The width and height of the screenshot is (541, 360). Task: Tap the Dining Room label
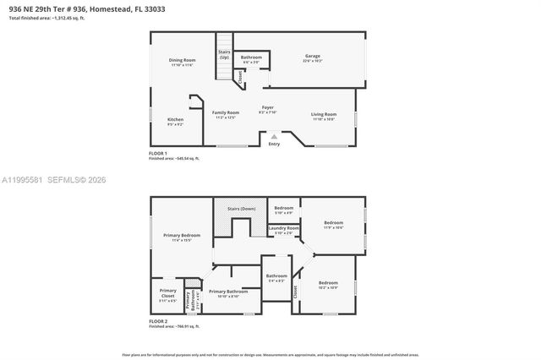click(183, 62)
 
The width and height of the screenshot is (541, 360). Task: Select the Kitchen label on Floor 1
click(175, 122)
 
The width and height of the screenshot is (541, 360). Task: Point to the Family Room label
click(225, 115)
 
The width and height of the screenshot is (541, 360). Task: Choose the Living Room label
click(324, 116)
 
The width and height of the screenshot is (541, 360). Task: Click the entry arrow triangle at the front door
click(273, 135)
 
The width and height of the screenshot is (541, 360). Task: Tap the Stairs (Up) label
click(224, 54)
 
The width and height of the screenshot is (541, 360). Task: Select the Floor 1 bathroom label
click(252, 59)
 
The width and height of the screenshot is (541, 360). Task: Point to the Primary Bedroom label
click(183, 237)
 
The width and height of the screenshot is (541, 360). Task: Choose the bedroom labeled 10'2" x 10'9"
click(328, 285)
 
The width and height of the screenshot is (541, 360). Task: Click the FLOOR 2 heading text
click(158, 322)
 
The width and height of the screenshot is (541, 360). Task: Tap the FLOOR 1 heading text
click(158, 153)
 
